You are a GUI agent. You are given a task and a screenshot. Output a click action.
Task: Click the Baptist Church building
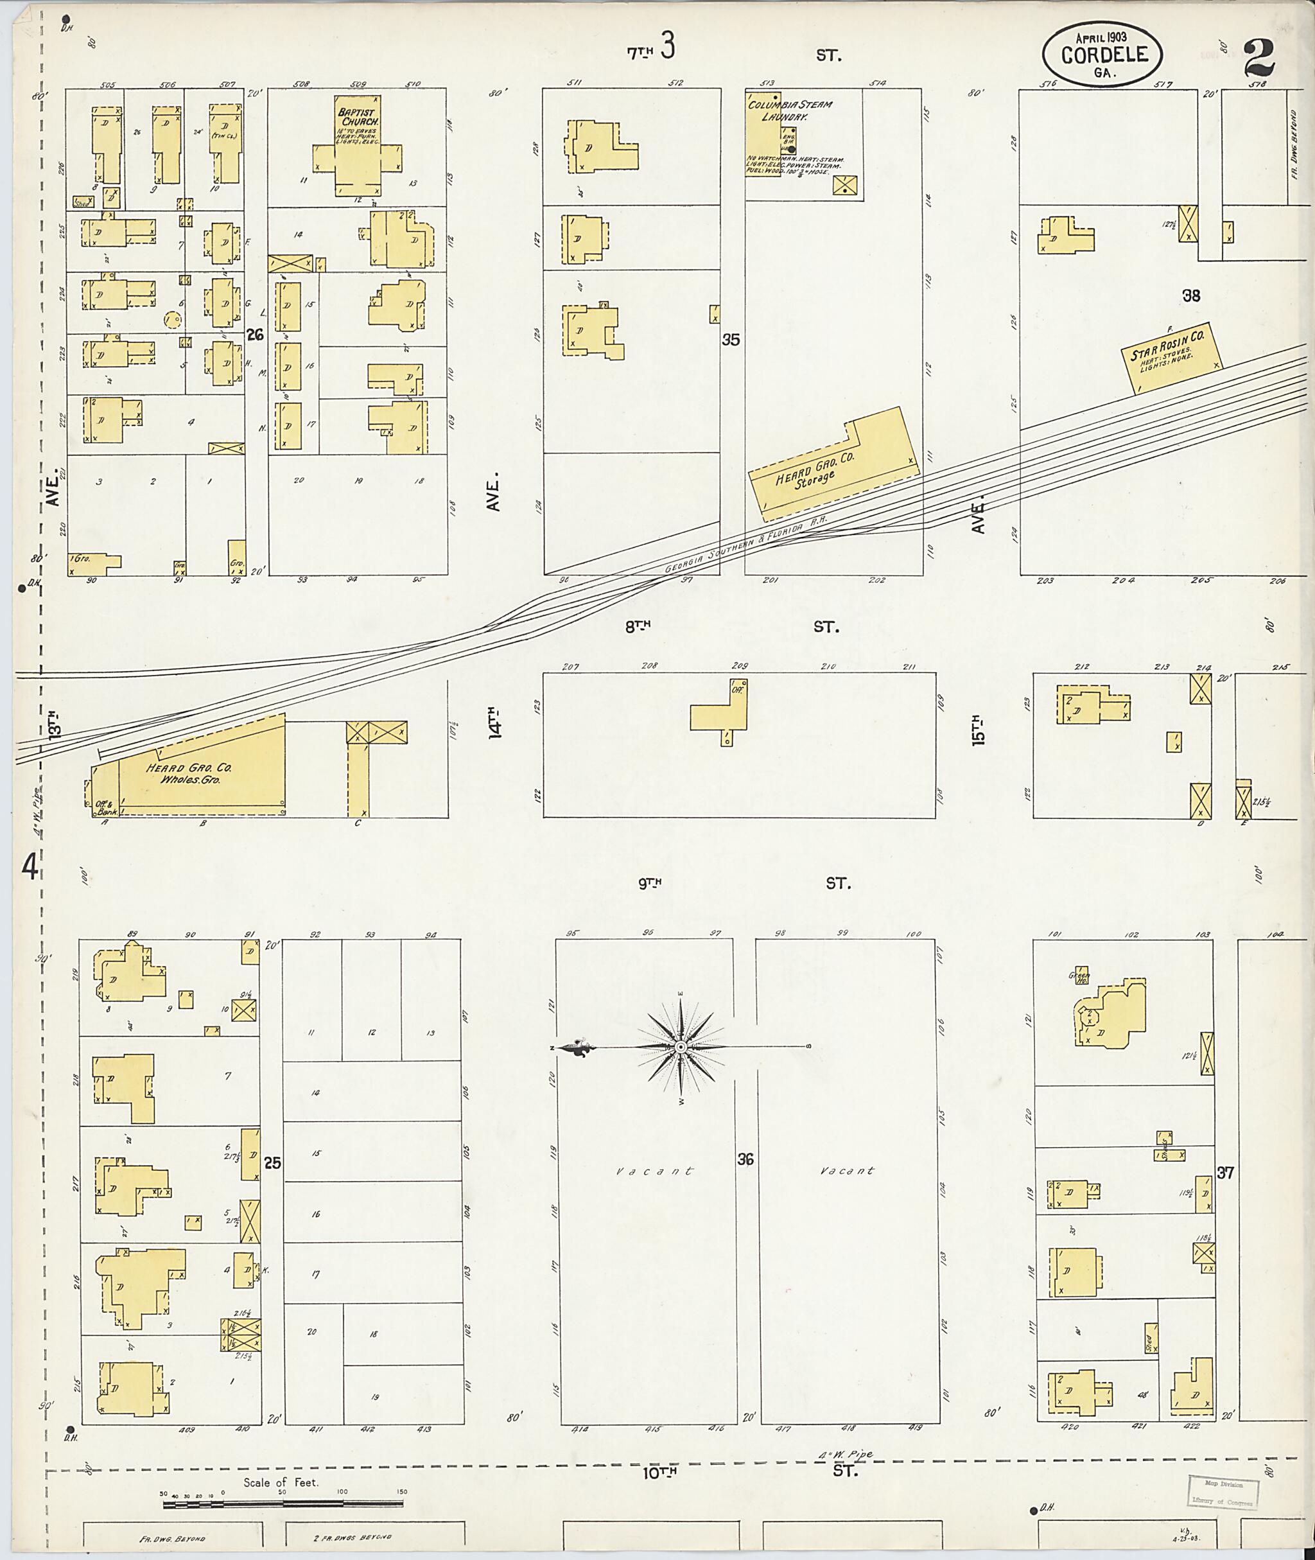pyautogui.click(x=357, y=149)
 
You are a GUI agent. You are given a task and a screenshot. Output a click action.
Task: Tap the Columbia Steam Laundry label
pyautogui.click(x=790, y=110)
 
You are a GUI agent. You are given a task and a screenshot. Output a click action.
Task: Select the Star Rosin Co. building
pyautogui.click(x=1171, y=356)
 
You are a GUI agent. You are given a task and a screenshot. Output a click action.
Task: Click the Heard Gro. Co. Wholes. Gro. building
pyautogui.click(x=201, y=773)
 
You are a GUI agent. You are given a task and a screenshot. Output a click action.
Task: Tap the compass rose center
pyautogui.click(x=681, y=1047)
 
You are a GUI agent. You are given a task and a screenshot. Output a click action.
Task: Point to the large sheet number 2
pyautogui.click(x=1258, y=58)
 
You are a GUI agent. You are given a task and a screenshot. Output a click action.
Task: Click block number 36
pyautogui.click(x=745, y=1159)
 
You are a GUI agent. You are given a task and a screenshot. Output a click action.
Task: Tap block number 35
pyautogui.click(x=731, y=339)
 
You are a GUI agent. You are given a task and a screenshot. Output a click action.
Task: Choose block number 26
pyautogui.click(x=255, y=335)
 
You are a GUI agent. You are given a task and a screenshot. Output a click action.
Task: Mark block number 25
pyautogui.click(x=272, y=1162)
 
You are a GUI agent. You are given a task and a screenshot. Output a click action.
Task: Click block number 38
pyautogui.click(x=1191, y=295)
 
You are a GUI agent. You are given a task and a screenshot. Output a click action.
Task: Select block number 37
pyautogui.click(x=1225, y=1172)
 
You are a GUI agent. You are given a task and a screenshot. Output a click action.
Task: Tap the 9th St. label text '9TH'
pyautogui.click(x=649, y=884)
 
